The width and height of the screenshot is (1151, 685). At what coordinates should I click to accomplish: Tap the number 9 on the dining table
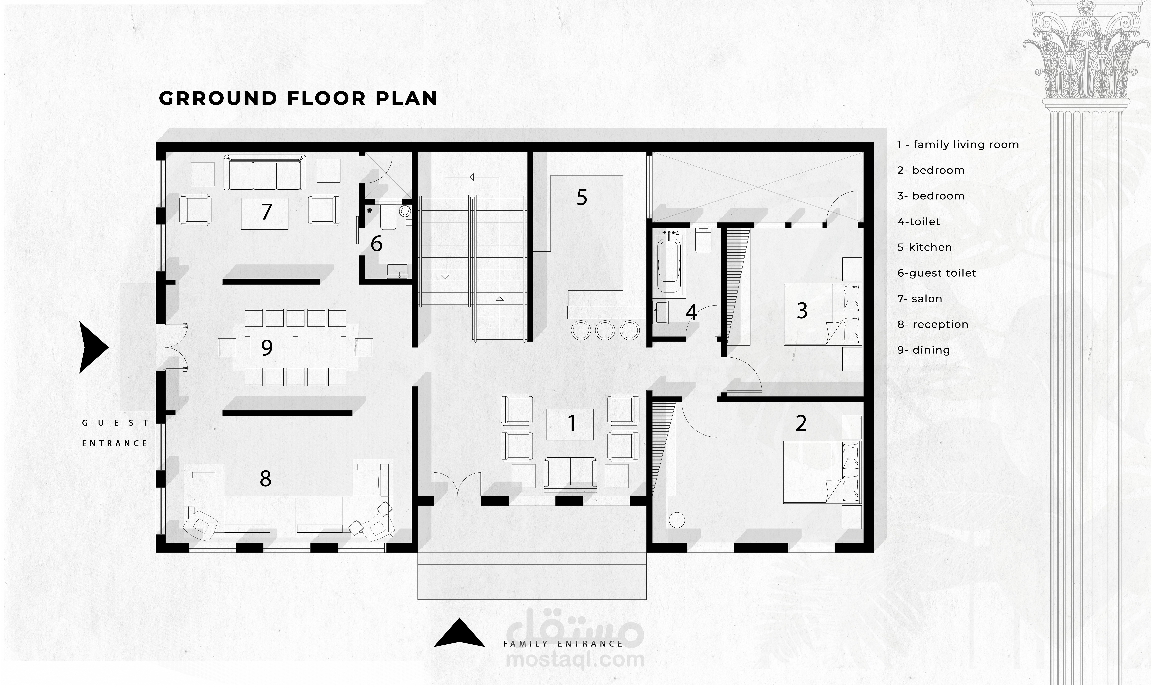click(x=267, y=348)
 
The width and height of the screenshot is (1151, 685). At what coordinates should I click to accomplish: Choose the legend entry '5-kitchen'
click(x=924, y=247)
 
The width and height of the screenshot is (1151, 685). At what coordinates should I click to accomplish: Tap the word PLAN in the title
click(x=407, y=98)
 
